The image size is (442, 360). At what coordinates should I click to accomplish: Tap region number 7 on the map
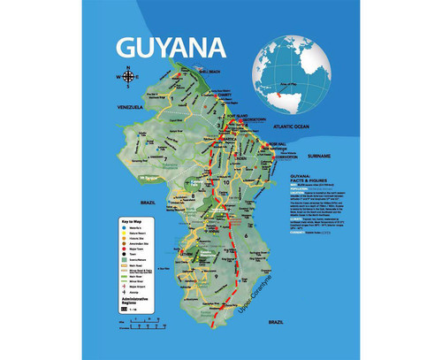point(165,159)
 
